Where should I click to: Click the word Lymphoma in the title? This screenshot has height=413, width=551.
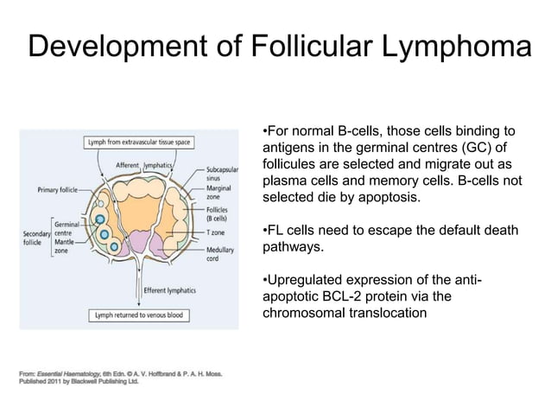(457, 46)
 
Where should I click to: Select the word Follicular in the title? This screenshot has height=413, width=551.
(312, 45)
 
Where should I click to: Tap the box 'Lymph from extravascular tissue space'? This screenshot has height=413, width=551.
(139, 143)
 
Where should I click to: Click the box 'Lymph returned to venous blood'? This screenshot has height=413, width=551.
(139, 315)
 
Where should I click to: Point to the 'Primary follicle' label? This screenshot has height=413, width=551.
(58, 190)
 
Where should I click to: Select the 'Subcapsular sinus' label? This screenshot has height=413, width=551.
(222, 174)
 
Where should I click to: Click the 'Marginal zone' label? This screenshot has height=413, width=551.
(218, 193)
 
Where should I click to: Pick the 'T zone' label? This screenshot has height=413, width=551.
(215, 232)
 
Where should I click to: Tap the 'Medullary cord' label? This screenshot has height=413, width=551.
(220, 254)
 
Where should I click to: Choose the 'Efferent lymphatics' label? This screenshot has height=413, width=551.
(170, 290)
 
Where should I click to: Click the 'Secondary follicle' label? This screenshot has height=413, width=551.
(36, 238)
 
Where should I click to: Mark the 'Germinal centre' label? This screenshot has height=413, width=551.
(66, 228)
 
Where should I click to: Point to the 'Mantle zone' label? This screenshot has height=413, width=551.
(64, 246)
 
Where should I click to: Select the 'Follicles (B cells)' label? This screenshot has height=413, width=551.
(217, 214)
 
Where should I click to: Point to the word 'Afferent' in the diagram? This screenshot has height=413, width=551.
(128, 165)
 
